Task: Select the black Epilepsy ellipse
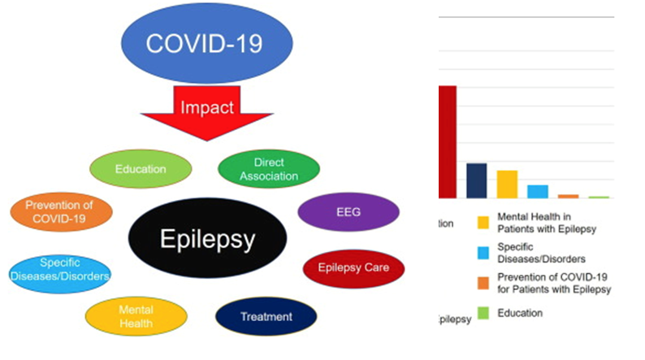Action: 208,240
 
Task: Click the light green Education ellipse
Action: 141,169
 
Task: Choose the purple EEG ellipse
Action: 348,212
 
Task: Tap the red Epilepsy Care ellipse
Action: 353,267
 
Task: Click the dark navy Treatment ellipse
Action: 266,315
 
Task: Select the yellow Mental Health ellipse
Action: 136,315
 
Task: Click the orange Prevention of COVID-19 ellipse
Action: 60,211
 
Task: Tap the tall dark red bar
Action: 448,141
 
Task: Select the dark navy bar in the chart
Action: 477,180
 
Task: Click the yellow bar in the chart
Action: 507,184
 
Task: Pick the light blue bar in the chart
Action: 538,191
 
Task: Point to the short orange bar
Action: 568,196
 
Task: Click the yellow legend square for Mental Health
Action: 483,222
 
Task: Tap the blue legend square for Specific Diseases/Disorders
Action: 483,253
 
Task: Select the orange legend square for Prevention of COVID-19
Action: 483,284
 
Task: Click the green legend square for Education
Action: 483,313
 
